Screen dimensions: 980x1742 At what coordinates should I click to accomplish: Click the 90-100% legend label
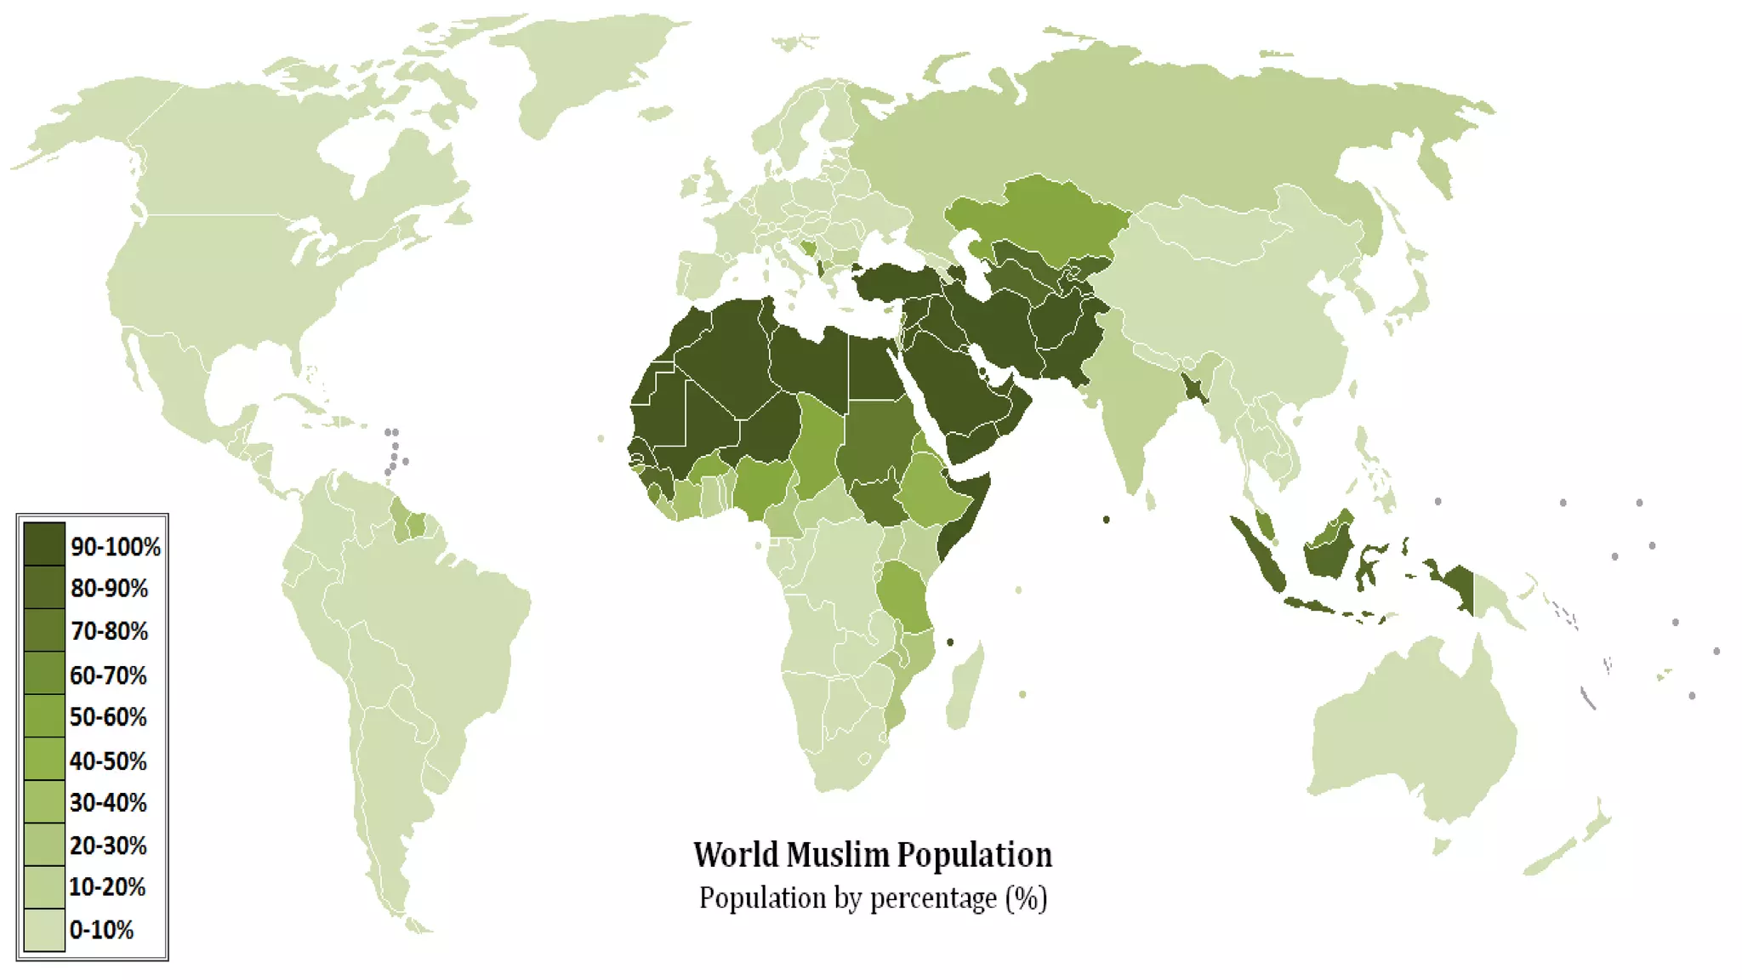pos(115,547)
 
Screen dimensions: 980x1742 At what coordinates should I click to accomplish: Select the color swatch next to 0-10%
pos(44,930)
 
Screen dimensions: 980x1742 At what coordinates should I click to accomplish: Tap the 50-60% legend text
pos(108,717)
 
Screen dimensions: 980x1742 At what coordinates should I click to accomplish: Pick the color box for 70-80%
pos(44,630)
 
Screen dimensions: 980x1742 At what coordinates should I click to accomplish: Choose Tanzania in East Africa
pos(906,595)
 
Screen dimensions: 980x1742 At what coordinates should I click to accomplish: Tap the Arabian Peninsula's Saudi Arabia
pos(953,374)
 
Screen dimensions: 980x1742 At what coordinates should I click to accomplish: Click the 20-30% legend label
pos(108,846)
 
